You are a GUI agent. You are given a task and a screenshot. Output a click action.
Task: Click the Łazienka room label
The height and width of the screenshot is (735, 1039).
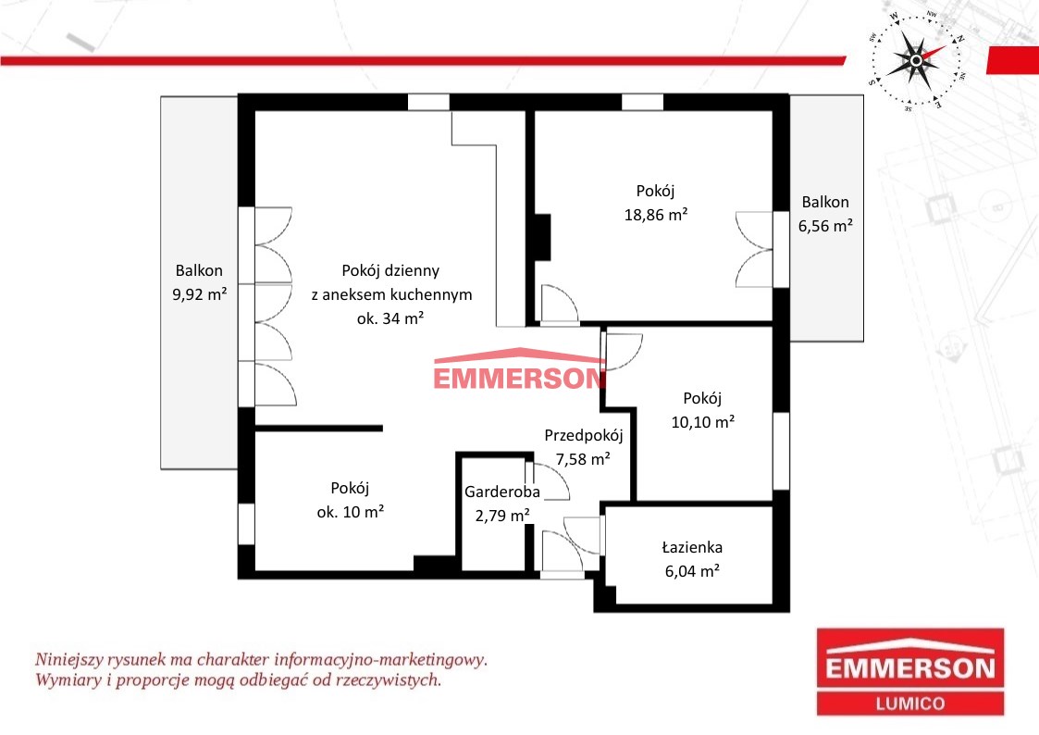point(692,547)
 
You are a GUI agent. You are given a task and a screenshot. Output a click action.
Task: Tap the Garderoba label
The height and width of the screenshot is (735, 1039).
point(501,492)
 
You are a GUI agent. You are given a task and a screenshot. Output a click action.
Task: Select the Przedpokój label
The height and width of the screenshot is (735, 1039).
point(583,435)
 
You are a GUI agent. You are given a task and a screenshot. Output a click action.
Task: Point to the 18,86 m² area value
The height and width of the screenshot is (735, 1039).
point(655,215)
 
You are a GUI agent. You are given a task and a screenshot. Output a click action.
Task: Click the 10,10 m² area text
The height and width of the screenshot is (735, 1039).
point(702,422)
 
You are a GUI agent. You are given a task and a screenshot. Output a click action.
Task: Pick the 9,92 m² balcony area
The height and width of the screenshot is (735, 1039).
point(200,294)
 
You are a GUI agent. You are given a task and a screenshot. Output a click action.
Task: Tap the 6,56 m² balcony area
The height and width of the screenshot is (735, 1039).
point(825,226)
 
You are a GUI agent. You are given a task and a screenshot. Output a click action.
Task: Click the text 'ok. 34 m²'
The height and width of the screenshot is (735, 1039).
point(390,318)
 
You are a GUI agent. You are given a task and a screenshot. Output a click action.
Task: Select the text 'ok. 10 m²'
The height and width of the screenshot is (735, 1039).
point(351,512)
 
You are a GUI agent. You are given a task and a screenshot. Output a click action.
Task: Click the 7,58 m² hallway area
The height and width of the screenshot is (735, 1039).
point(583,459)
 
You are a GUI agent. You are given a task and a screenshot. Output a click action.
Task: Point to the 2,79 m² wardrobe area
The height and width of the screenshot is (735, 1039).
point(501,516)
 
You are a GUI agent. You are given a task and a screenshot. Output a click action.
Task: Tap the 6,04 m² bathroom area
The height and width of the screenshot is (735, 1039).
point(692,571)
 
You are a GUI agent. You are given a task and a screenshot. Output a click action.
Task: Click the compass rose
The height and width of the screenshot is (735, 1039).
point(917,60)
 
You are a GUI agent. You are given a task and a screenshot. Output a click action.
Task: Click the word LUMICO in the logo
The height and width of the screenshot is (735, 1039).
point(909,704)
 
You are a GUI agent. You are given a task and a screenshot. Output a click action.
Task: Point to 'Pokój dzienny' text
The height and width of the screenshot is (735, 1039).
point(390,270)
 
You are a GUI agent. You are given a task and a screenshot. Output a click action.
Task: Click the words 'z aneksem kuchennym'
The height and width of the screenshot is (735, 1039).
point(391,294)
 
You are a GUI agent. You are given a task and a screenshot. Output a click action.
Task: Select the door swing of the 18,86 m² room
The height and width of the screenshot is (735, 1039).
point(561,305)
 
